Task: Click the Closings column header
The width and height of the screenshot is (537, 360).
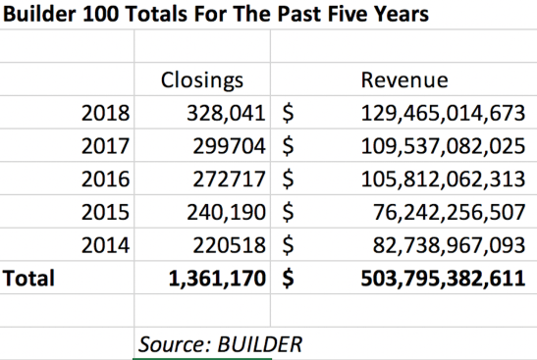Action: [201, 79]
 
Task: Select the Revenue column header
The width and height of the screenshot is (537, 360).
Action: [404, 79]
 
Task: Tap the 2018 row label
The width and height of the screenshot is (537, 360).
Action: [105, 113]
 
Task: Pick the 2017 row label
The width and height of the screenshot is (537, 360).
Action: [105, 146]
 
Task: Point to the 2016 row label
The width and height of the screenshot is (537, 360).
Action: [105, 179]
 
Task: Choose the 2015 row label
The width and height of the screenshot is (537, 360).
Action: [105, 212]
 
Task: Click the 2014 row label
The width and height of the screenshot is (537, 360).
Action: [105, 245]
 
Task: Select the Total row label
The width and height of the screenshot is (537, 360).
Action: [29, 279]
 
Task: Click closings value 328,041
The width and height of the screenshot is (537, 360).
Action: [226, 113]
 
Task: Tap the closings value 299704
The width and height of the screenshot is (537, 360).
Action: [231, 146]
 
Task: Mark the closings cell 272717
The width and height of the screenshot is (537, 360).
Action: [231, 179]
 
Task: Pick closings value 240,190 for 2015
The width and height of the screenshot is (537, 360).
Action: [226, 212]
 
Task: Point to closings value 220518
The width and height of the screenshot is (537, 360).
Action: [231, 245]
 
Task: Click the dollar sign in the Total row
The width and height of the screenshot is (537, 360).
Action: [289, 279]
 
